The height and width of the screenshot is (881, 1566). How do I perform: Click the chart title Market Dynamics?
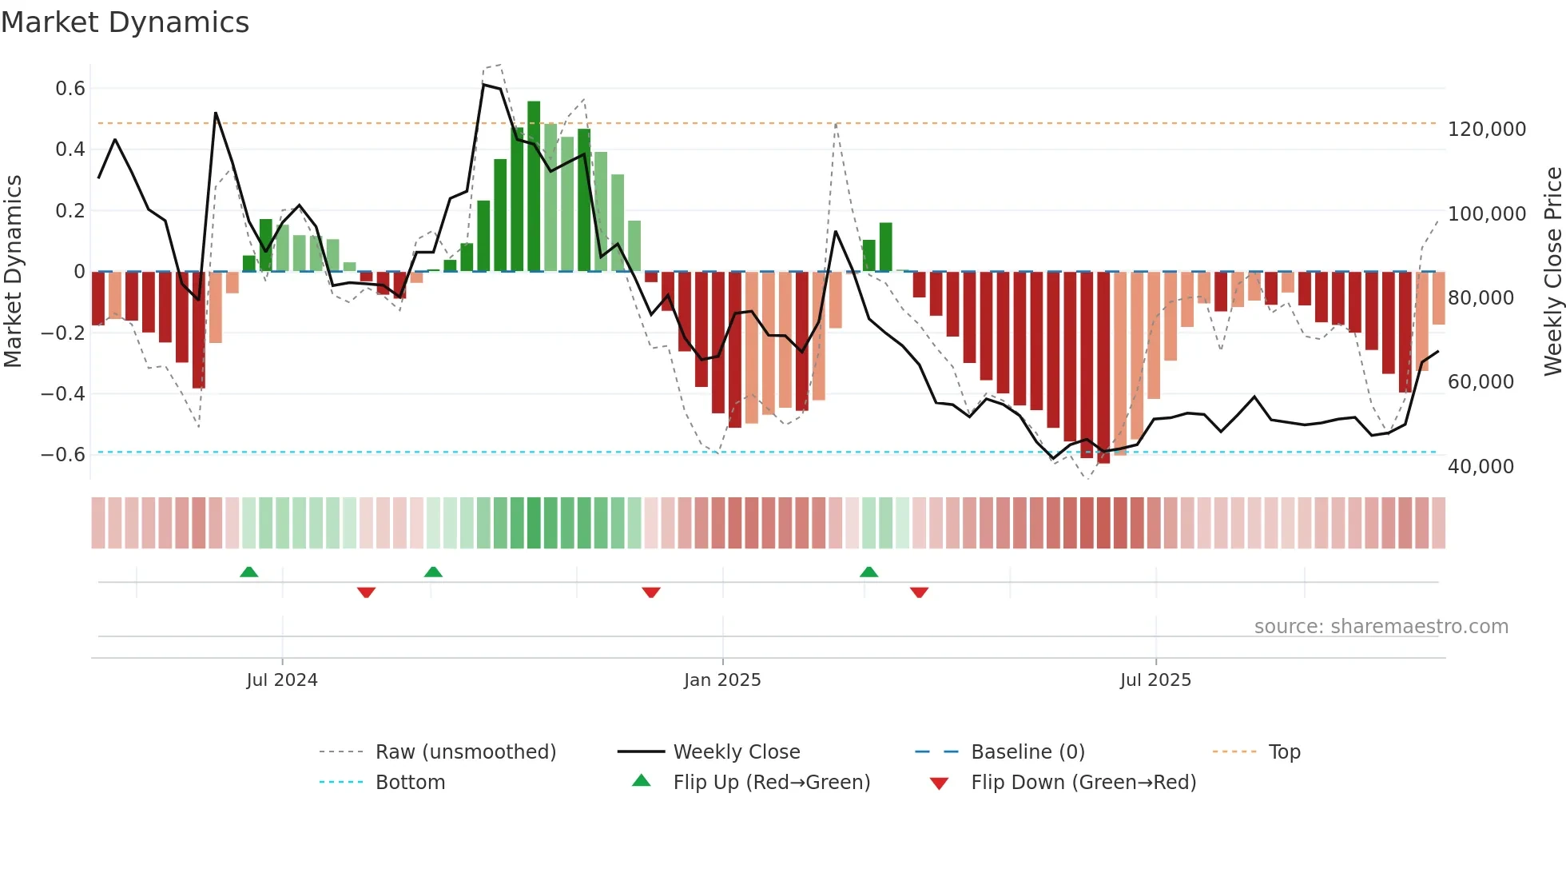[x=125, y=22]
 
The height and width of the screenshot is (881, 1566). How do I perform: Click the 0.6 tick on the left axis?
[x=70, y=89]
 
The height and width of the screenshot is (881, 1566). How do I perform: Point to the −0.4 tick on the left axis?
[x=63, y=393]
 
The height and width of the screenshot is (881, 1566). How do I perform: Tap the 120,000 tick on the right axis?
[x=1487, y=130]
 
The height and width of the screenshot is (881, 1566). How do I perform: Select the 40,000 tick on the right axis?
[x=1481, y=467]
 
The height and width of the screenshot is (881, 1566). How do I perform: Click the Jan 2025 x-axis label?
[x=722, y=680]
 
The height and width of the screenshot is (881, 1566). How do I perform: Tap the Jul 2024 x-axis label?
[x=282, y=680]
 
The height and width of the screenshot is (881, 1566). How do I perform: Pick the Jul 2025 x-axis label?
[x=1155, y=680]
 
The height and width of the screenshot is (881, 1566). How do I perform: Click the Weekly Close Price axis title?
[x=1552, y=272]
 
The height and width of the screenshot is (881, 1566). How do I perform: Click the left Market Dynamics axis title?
[x=14, y=272]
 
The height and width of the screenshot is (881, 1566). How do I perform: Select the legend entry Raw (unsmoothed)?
[x=465, y=752]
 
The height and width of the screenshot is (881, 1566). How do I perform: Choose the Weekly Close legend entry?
[x=736, y=752]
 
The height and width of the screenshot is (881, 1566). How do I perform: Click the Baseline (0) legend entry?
[x=1027, y=752]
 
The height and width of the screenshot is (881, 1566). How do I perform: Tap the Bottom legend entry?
[x=410, y=783]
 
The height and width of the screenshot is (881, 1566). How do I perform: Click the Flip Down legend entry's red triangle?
[x=940, y=783]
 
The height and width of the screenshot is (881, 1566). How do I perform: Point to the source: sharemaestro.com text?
[x=1381, y=627]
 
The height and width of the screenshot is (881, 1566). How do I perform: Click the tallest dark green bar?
[x=534, y=186]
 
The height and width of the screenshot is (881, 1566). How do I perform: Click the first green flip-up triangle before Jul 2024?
[x=249, y=572]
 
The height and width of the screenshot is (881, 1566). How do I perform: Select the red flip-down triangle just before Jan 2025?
[x=651, y=592]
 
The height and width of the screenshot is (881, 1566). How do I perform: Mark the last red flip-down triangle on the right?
[x=919, y=592]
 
